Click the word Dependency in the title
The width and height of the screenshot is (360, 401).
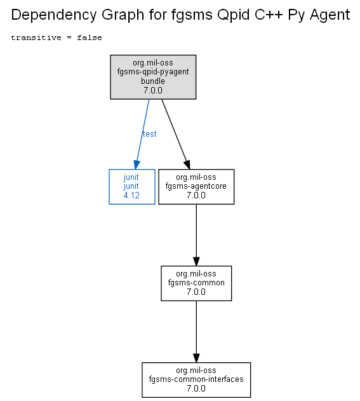(x=54, y=15)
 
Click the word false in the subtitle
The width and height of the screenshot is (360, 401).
(x=90, y=37)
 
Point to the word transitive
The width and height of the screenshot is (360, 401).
(x=36, y=37)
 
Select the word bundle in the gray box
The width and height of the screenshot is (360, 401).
(x=153, y=81)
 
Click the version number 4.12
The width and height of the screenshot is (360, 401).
(x=131, y=195)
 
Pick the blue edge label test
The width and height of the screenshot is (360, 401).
(x=149, y=133)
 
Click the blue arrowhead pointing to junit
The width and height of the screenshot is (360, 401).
(x=137, y=165)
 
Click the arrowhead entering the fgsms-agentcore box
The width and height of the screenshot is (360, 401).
(x=187, y=165)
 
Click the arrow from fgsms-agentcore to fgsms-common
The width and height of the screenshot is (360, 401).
(x=196, y=235)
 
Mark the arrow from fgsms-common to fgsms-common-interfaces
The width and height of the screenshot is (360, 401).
(x=196, y=332)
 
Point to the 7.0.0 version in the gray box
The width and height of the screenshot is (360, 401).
(x=153, y=90)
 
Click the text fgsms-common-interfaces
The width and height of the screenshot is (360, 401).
(x=196, y=379)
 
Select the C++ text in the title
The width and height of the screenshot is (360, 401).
(x=269, y=15)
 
